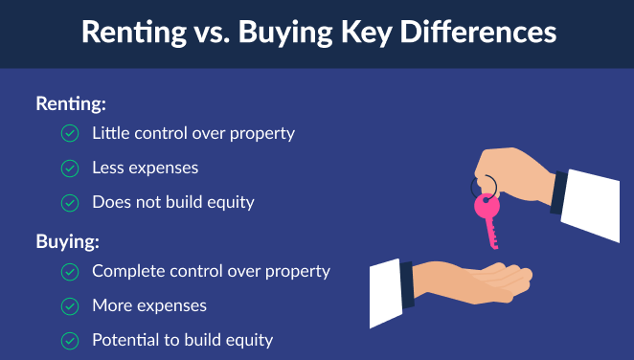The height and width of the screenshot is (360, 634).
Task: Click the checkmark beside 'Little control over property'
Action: click(70, 134)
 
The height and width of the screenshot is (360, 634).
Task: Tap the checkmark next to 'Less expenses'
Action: click(70, 169)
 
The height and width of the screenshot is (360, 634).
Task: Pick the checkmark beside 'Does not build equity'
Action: click(70, 203)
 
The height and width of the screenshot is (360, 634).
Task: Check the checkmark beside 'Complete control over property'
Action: click(70, 272)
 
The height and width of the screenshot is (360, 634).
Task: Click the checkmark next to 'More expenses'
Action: click(70, 306)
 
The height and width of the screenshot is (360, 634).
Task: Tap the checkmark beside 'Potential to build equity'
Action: click(70, 341)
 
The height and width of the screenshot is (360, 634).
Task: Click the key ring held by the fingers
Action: click(485, 184)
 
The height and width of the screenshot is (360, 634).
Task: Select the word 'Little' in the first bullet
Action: click(110, 133)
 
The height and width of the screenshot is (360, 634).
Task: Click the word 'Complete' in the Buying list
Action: click(127, 271)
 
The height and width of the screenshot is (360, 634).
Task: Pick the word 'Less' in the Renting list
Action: click(107, 168)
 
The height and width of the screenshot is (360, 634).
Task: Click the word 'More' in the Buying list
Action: click(110, 305)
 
